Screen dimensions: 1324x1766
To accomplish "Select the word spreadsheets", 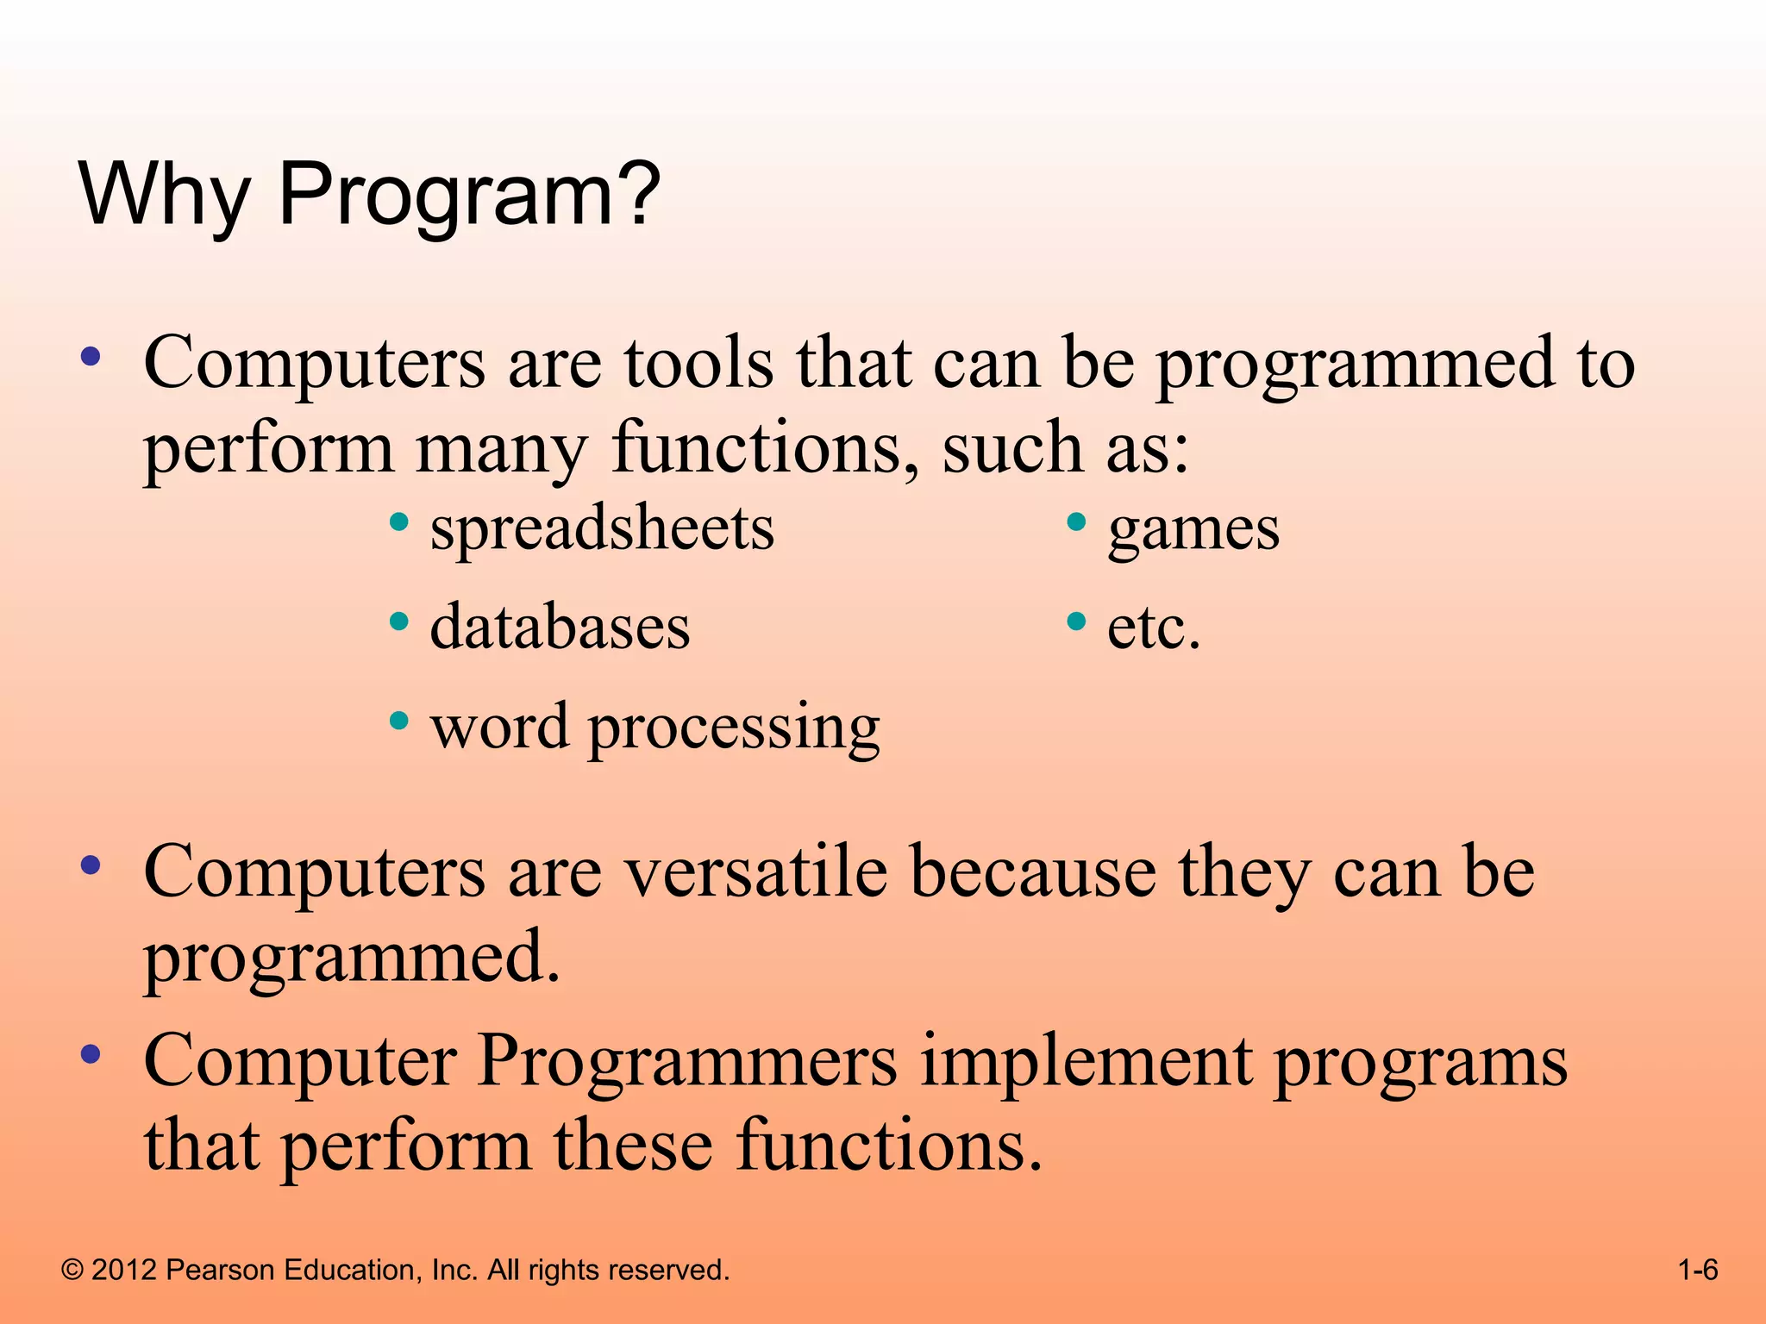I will [602, 528].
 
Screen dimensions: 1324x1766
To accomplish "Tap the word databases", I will [560, 627].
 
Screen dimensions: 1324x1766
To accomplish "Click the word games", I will [1193, 530].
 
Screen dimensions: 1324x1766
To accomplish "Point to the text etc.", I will [1153, 628].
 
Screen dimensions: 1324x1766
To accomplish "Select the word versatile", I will [755, 872].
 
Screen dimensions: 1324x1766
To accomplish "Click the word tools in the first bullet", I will [698, 363].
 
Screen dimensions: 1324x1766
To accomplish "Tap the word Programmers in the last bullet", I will [687, 1061].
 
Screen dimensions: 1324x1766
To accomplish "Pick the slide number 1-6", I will [1697, 1270].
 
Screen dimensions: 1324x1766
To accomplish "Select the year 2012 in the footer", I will [124, 1270].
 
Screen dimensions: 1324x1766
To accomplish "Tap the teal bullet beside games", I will [1075, 522].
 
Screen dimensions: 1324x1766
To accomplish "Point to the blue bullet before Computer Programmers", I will [91, 1053].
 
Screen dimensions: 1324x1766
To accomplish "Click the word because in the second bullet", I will [1032, 872].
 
